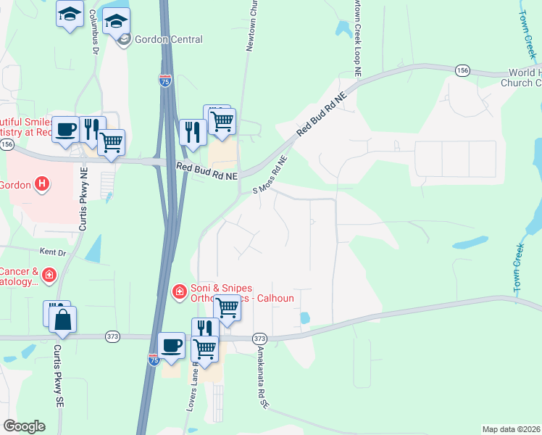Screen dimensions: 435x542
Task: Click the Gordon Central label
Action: tap(168, 39)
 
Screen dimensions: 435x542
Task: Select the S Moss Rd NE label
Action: tap(270, 177)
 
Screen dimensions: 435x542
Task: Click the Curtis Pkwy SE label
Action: tap(59, 377)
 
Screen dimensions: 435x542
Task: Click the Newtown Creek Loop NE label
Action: tap(357, 29)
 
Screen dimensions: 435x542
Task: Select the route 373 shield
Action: tap(260, 339)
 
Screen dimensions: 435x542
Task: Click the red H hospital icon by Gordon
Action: tap(43, 184)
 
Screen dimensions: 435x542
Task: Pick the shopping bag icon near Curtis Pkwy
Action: tap(63, 320)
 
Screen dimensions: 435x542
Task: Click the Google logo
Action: tap(24, 426)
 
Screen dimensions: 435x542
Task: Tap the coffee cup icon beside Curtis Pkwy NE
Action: tap(65, 129)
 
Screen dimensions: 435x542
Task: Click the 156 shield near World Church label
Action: tap(462, 70)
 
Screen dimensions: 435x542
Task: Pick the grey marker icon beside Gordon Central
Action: tap(124, 39)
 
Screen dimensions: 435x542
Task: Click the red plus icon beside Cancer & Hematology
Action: tap(49, 275)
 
